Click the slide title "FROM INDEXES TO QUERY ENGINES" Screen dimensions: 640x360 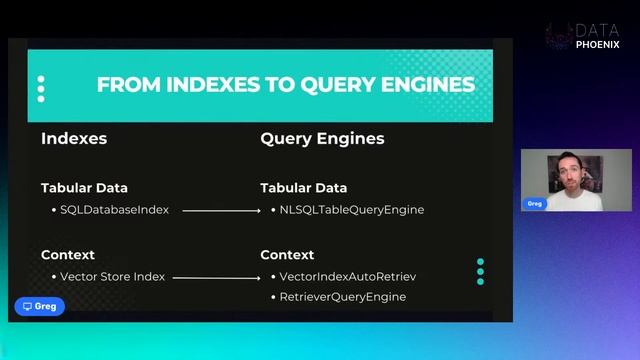285,85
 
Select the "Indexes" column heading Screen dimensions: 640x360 74,139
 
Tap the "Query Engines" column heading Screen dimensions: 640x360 322,139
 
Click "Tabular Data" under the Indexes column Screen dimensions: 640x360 84,188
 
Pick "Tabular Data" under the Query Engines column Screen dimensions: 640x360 304,188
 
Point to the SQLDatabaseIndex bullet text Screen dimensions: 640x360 114,210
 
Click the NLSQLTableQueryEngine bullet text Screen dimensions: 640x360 352,210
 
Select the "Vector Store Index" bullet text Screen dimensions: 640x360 112,277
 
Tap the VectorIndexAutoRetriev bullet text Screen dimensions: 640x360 347,277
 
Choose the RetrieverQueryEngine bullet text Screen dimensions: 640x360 343,297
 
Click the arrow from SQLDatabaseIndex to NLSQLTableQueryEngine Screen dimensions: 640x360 225,211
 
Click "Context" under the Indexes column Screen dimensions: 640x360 68,255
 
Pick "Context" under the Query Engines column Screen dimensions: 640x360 287,255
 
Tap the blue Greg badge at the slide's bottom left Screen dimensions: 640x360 40,306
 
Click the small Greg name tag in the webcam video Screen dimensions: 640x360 536,203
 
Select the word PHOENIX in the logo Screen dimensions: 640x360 597,45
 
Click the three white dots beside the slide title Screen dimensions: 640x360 41,89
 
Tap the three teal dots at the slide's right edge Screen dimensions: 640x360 481,272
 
